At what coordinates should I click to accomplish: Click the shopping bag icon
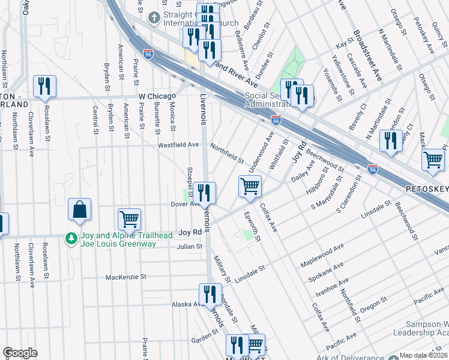79,210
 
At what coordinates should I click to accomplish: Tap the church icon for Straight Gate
154,17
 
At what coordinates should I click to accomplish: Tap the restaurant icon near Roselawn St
44,87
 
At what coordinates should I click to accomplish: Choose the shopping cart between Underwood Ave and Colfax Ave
250,186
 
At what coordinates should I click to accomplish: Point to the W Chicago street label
157,96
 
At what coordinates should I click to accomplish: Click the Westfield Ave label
178,145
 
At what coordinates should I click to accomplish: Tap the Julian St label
188,246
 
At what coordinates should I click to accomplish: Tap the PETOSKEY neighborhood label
427,189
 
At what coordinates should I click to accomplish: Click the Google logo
20,353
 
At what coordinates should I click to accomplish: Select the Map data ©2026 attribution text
423,355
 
